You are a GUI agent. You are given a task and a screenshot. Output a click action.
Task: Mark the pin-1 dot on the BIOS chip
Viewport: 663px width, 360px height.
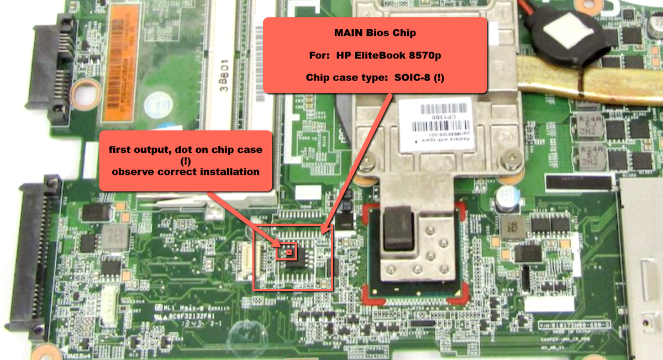[289, 252]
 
